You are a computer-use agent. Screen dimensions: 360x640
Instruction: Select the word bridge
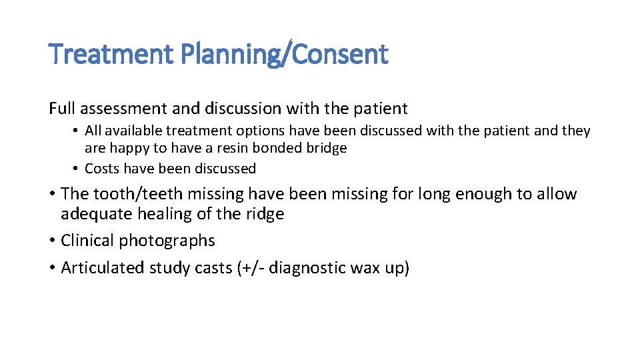pos(326,148)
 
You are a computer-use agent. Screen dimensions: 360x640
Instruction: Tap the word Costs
pos(103,169)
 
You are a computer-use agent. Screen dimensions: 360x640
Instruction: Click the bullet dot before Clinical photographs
pos(52,241)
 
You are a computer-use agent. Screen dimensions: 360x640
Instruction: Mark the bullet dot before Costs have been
pos(77,169)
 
